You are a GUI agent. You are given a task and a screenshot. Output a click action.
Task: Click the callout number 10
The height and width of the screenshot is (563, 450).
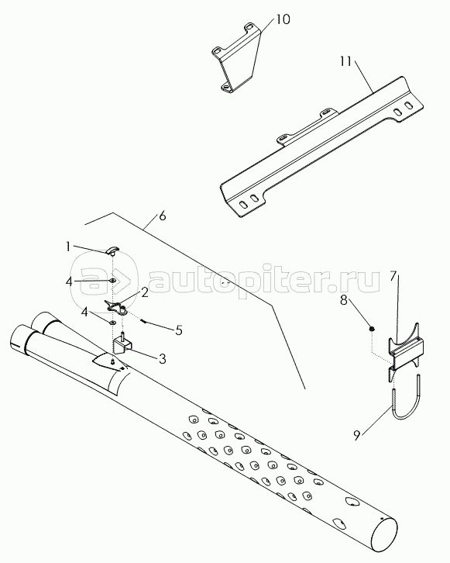pos(283,19)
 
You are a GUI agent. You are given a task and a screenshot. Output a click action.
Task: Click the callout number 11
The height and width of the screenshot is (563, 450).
pos(345,62)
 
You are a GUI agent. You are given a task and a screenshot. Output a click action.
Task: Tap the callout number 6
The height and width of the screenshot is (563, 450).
pos(163,216)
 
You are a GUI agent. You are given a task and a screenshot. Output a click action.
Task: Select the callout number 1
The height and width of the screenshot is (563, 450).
pos(67,247)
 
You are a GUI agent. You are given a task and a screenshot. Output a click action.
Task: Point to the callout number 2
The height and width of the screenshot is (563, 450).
pos(145,292)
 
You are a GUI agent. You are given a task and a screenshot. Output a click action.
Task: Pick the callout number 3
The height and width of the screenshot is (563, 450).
pos(163,358)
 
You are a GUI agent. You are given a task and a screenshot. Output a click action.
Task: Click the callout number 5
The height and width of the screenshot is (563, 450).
pos(179,330)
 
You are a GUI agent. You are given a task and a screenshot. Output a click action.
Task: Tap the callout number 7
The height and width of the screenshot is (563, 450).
pos(393,276)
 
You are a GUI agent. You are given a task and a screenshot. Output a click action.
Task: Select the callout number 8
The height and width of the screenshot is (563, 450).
pos(344,300)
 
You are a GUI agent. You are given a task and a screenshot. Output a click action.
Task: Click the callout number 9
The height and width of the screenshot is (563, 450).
pos(356,435)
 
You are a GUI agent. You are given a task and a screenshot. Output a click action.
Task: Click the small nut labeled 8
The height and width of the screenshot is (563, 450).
pos(373,328)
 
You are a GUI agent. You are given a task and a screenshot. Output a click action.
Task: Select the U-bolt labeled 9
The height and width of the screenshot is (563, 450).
pos(407,398)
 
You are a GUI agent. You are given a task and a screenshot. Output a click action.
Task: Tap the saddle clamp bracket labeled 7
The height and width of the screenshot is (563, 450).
pos(406,351)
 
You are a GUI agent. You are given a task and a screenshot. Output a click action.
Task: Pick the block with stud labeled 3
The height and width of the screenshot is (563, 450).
pos(122,345)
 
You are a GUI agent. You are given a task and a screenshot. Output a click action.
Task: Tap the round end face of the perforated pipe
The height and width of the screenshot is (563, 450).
pos(384,534)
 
